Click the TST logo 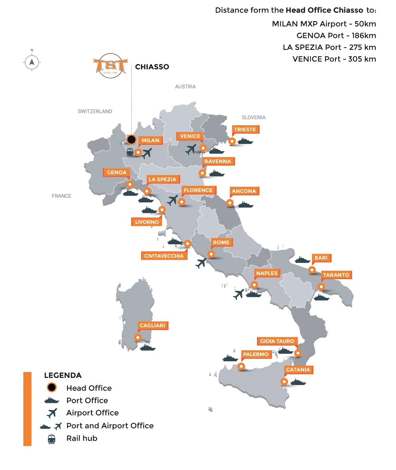(x=109, y=68)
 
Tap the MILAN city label (x=150, y=140)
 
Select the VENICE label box (x=190, y=136)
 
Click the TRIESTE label (x=245, y=130)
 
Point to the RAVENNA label (x=217, y=161)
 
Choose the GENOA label (x=116, y=173)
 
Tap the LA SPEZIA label (x=162, y=179)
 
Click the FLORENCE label (x=198, y=190)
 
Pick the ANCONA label (x=244, y=191)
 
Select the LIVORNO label (x=147, y=222)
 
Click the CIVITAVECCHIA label (x=164, y=256)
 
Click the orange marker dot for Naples (x=254, y=284)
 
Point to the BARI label (x=320, y=258)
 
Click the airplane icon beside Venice (x=191, y=149)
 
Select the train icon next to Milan (x=129, y=151)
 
